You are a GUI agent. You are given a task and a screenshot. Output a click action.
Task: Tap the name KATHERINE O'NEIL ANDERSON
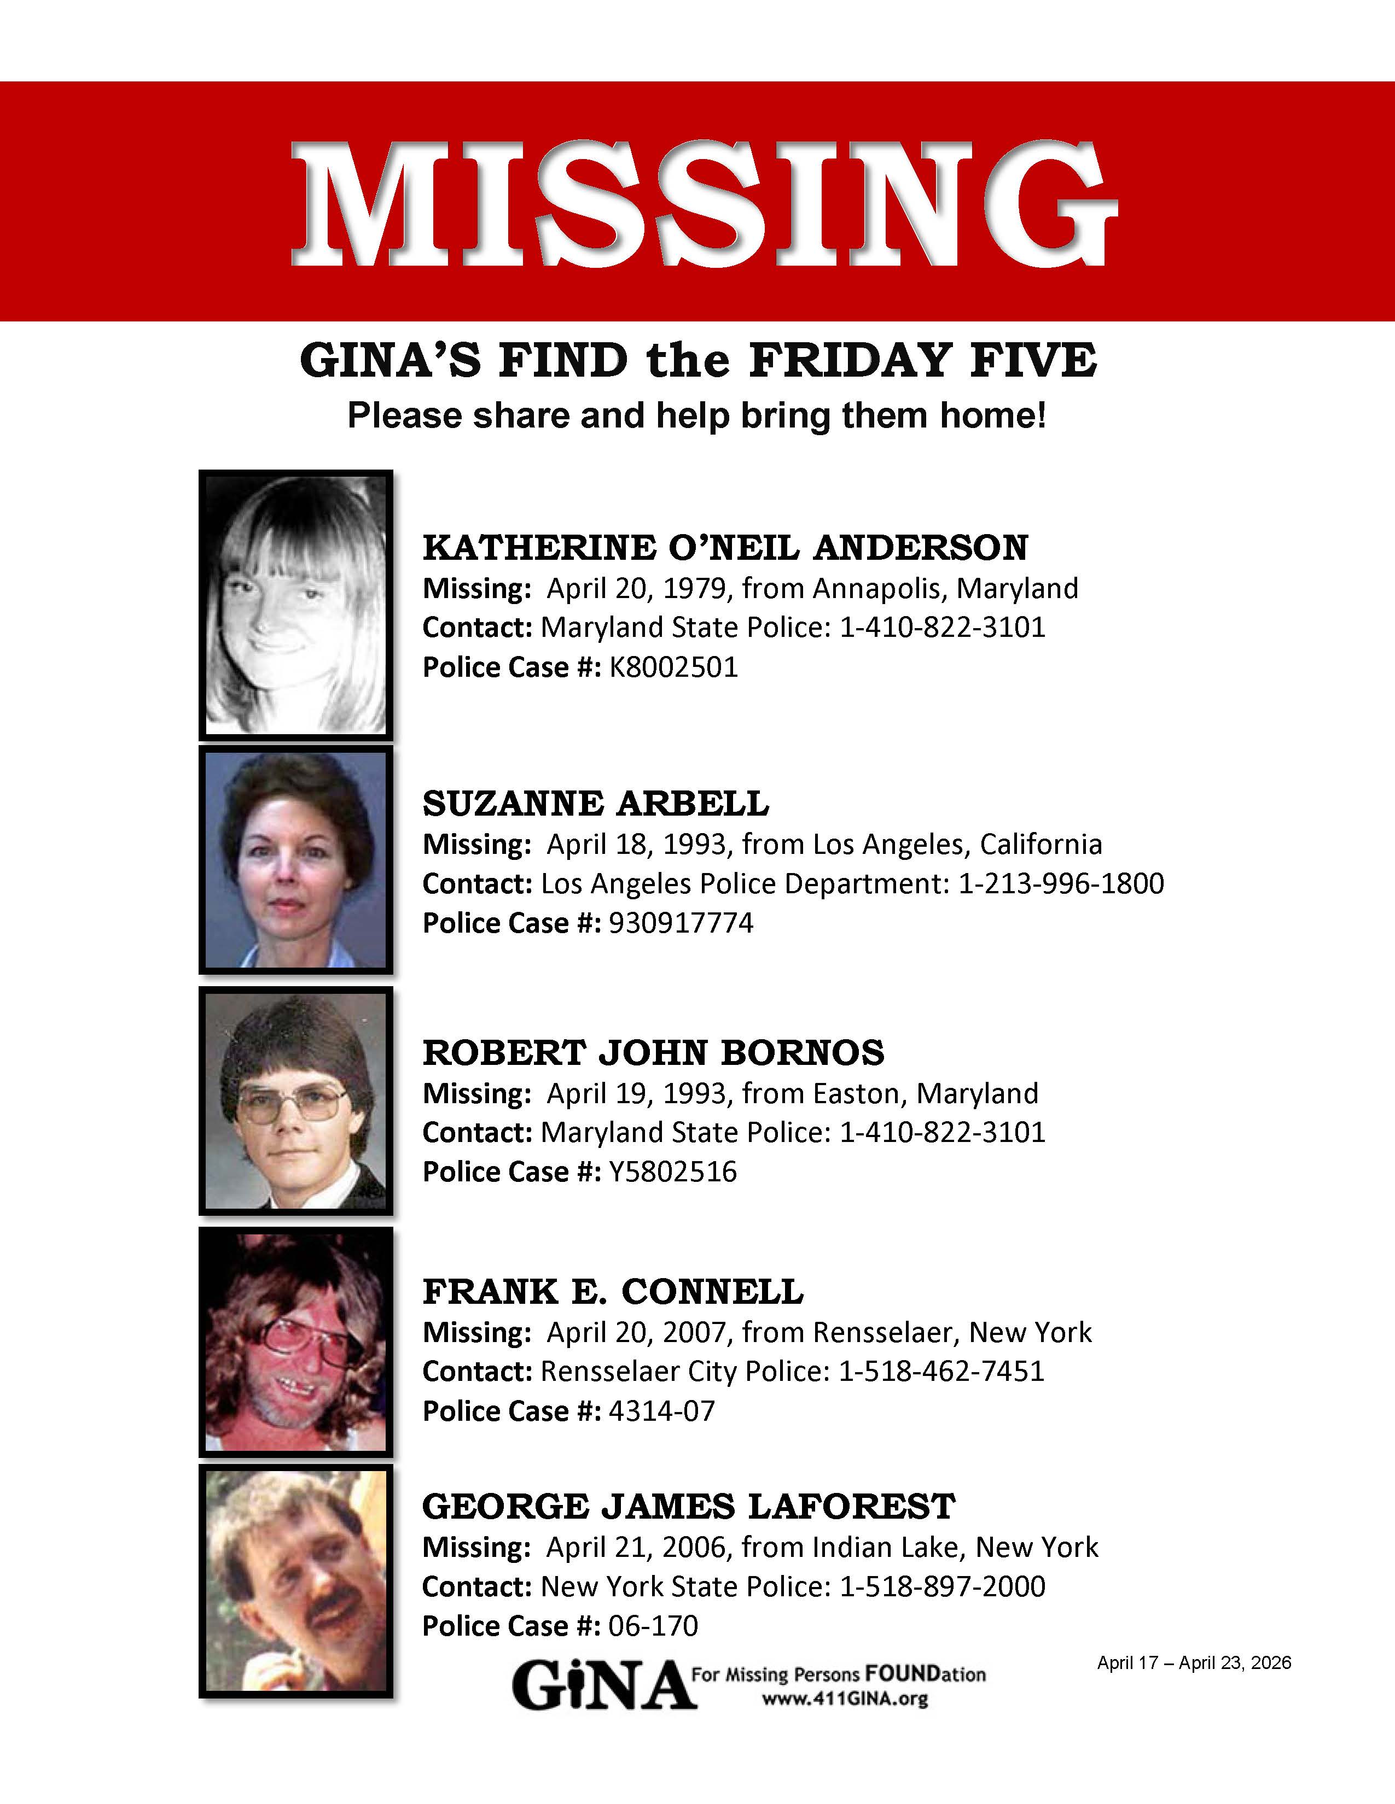725,548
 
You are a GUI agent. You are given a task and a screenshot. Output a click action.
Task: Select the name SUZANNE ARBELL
595,803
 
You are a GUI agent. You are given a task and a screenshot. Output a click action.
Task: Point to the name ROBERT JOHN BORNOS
653,1052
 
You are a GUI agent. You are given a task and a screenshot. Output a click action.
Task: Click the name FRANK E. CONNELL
612,1292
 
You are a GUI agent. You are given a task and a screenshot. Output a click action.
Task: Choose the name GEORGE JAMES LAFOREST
688,1507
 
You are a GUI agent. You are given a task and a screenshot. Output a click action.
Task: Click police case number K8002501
673,667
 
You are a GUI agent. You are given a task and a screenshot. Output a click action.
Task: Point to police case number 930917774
681,923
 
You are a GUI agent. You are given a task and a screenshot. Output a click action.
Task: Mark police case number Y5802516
672,1172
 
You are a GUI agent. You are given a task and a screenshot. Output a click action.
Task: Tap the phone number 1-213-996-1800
1060,884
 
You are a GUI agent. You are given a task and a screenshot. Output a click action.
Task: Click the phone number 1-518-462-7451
941,1371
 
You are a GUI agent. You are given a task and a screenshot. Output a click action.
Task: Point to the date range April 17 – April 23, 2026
1193,1663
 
